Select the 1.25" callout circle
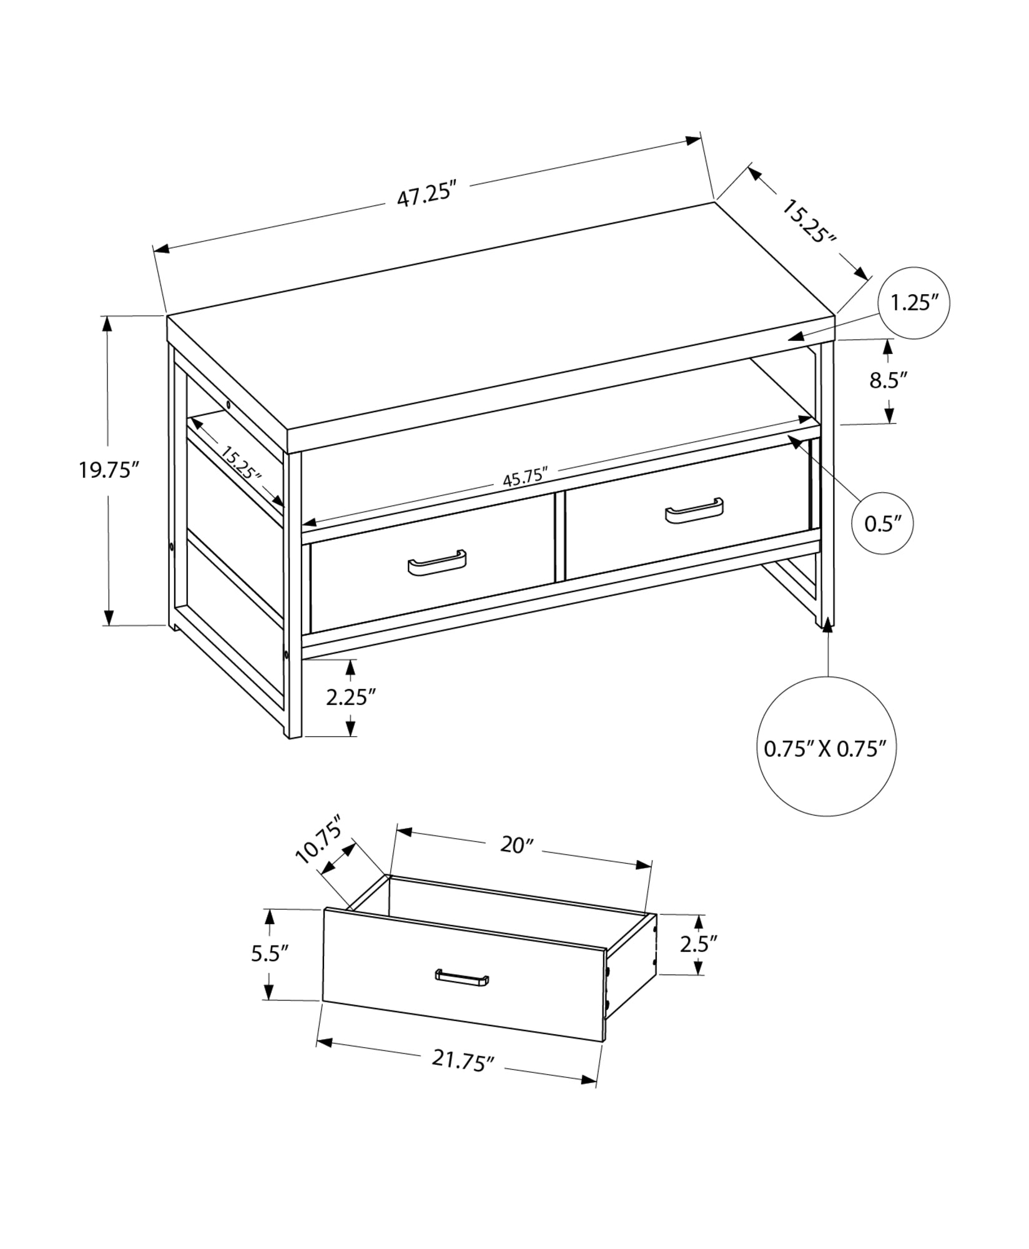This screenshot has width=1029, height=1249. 913,304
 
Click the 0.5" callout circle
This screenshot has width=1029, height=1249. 883,523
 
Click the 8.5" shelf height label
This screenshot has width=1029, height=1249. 888,380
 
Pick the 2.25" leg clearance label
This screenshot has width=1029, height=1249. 351,697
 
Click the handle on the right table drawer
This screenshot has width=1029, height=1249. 694,510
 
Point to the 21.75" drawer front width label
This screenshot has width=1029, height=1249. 463,1060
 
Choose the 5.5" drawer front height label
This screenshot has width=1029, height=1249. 270,954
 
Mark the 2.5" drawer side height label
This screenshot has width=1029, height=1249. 699,944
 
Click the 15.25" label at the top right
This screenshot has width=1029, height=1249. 809,221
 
